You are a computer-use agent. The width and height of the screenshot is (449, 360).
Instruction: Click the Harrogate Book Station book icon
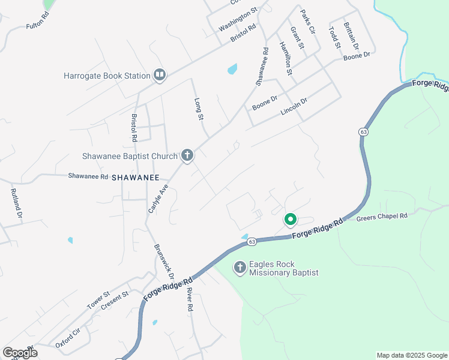tap(160, 75)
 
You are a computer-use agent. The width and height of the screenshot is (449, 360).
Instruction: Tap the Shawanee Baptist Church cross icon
tap(187, 156)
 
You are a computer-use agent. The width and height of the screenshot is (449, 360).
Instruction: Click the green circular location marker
tap(290, 220)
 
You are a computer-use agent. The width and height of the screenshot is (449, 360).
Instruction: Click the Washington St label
tap(238, 20)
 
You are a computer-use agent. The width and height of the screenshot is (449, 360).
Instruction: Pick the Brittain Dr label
tap(351, 36)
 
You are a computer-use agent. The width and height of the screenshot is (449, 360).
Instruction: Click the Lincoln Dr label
tap(294, 107)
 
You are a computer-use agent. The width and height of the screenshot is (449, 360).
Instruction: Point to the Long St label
tap(197, 109)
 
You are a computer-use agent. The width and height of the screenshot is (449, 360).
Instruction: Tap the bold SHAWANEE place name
tap(135, 178)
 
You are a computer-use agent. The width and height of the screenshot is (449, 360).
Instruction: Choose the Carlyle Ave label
tap(158, 199)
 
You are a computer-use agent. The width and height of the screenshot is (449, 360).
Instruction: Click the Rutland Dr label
tap(16, 204)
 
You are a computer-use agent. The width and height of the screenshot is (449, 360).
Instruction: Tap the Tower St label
tap(98, 301)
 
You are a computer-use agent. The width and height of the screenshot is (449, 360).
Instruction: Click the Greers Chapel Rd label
tap(382, 216)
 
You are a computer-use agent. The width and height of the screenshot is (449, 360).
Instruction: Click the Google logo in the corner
tap(20, 352)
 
